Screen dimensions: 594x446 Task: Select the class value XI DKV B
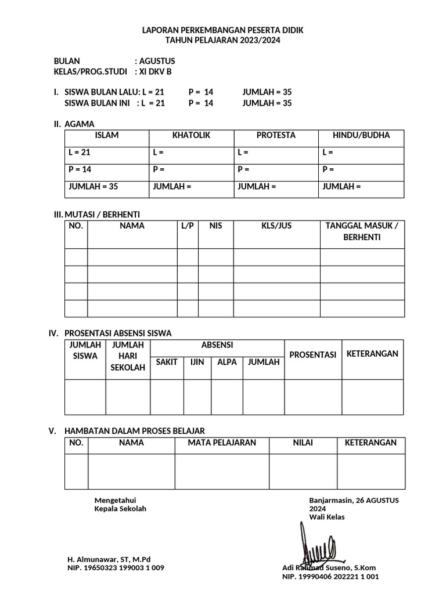tap(155, 72)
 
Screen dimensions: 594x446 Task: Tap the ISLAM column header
tap(106, 136)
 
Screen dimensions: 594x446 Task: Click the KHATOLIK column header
tap(191, 136)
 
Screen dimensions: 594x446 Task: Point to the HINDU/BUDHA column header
tap(361, 136)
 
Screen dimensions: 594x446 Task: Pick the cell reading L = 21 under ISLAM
tap(80, 153)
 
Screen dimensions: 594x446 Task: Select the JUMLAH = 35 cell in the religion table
tap(93, 187)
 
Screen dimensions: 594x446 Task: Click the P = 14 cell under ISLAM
tap(80, 170)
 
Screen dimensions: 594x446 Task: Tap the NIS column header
tap(216, 226)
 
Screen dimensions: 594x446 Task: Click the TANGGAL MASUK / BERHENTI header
tap(362, 231)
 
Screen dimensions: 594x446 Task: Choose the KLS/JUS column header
tap(276, 226)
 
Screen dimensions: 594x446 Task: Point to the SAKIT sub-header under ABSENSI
tap(167, 362)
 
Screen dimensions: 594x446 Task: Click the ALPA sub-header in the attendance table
tap(226, 362)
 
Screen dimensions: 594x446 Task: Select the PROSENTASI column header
tap(312, 355)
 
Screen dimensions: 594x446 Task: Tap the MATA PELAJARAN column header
tap(222, 443)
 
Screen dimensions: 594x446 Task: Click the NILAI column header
tap(303, 443)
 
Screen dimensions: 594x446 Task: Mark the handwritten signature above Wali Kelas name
tap(314, 544)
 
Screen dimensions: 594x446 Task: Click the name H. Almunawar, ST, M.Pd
tap(109, 559)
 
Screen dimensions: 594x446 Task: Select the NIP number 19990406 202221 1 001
tap(330, 577)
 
